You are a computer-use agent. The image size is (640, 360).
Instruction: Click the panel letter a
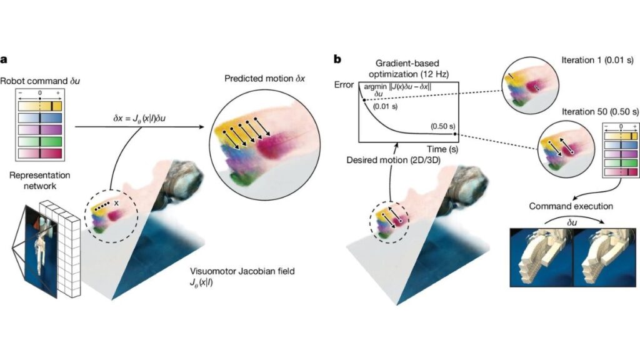click(4, 59)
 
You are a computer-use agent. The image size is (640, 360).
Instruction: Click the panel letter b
click(337, 59)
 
